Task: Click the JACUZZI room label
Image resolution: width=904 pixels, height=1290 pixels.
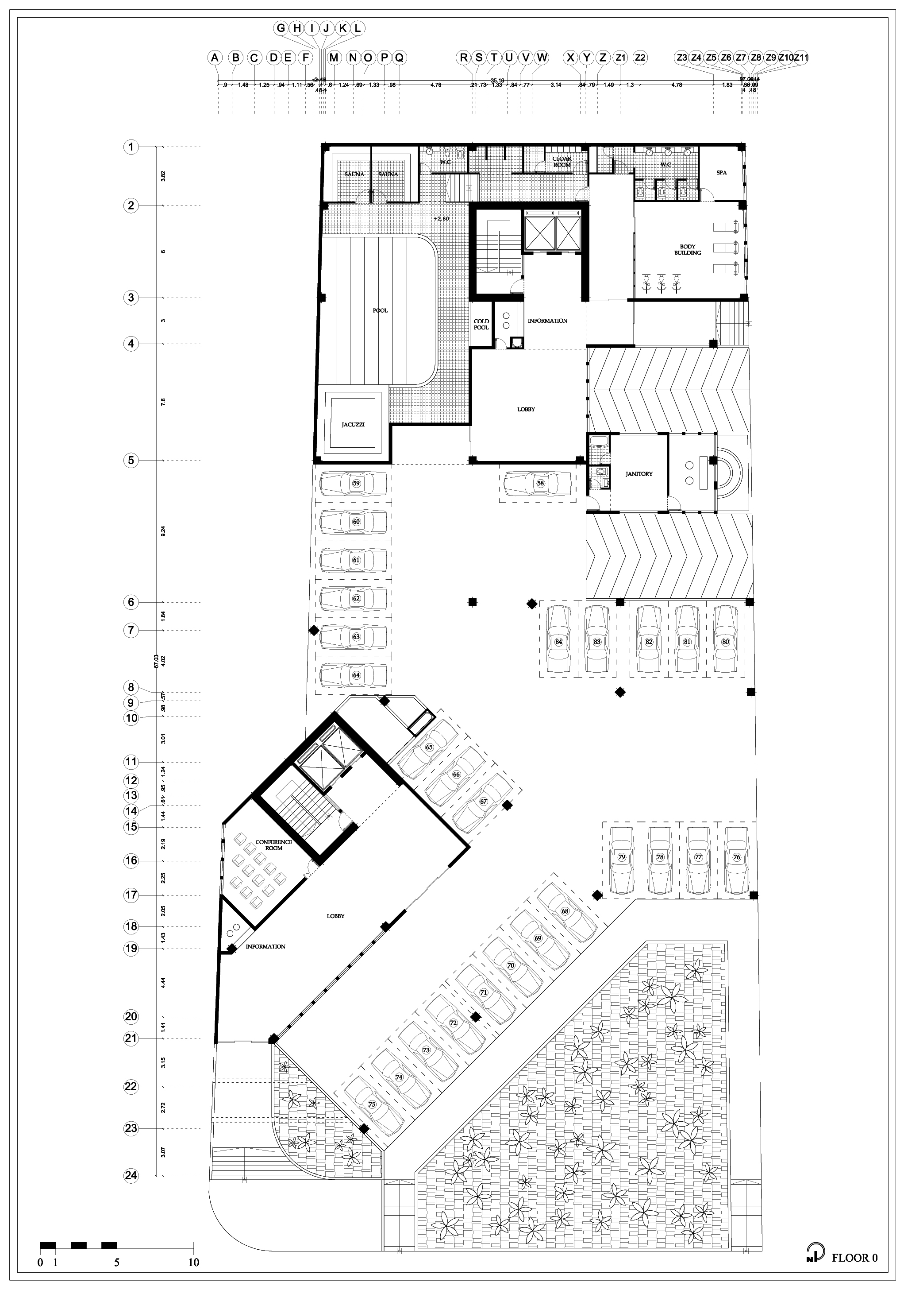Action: tap(353, 425)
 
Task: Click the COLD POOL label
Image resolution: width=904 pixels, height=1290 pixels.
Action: tap(481, 324)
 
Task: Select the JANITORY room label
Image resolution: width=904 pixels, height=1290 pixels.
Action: tap(639, 474)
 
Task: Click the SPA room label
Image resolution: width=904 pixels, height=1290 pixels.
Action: tap(721, 172)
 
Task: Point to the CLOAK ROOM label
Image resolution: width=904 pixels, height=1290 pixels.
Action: tap(562, 162)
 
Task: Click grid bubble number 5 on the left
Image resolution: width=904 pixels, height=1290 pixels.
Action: tap(131, 461)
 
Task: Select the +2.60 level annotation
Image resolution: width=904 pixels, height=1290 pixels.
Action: tap(441, 219)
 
